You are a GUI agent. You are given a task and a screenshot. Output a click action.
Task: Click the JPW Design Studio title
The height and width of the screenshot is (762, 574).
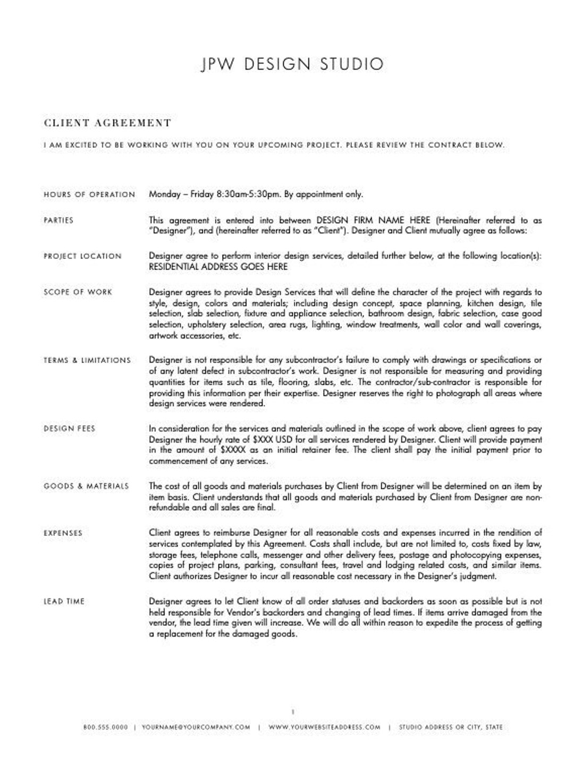(x=292, y=64)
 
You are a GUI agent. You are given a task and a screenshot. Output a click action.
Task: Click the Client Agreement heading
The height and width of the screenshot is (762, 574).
(x=107, y=123)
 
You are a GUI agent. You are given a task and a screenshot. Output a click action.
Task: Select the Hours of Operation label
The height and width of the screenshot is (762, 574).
(x=89, y=194)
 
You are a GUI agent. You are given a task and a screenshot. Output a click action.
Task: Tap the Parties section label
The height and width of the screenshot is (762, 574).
(x=58, y=220)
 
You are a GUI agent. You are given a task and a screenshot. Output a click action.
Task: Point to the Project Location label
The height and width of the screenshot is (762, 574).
(x=82, y=256)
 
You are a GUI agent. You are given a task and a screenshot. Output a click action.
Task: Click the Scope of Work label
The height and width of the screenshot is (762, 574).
(x=78, y=292)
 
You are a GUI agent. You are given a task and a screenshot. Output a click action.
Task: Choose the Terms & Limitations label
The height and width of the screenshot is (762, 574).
(x=87, y=360)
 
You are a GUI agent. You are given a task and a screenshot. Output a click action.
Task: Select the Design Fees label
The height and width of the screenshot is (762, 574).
(x=69, y=428)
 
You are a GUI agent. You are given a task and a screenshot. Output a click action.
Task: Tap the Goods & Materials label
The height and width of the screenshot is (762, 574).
(x=86, y=486)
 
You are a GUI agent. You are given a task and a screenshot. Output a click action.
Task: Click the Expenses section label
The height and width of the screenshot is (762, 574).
(x=63, y=532)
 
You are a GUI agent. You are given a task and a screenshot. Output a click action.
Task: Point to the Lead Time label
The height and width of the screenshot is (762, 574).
(x=64, y=602)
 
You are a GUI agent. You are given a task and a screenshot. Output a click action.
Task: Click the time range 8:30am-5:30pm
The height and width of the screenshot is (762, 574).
(x=248, y=194)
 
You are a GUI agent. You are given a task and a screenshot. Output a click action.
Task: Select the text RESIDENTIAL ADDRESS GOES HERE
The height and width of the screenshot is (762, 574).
(x=218, y=267)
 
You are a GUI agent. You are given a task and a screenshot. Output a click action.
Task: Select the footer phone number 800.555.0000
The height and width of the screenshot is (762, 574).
(x=105, y=727)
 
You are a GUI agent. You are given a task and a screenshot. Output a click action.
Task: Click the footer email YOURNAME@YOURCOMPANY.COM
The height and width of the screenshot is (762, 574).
(x=196, y=727)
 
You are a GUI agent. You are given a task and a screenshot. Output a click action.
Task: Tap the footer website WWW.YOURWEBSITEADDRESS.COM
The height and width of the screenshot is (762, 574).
(x=324, y=727)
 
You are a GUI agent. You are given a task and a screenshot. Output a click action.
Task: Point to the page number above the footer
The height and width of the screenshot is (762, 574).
(x=293, y=712)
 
